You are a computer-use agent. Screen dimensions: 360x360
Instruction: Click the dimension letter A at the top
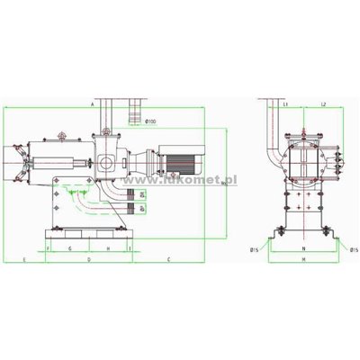point(94,105)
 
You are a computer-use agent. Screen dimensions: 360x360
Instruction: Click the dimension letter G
point(69,246)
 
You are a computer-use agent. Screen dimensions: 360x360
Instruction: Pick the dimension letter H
point(108,246)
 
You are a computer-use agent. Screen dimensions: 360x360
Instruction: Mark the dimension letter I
point(130,246)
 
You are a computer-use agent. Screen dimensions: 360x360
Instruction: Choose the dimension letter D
point(88,258)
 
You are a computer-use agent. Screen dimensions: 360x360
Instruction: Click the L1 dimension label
point(285,105)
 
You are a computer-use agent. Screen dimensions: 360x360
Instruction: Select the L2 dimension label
point(322,105)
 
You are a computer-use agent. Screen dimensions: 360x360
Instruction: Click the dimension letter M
point(304,258)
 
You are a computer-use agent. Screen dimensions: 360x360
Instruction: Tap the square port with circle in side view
point(107,163)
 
